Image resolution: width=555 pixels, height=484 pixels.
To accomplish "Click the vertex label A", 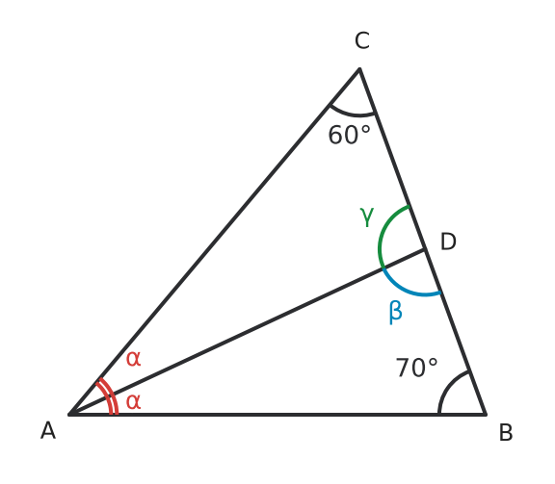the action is click(x=48, y=431).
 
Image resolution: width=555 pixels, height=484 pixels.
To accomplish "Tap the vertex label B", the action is click(x=506, y=432).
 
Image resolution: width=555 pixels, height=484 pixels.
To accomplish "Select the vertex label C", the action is click(x=362, y=40).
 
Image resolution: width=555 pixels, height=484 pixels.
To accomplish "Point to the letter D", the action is click(x=448, y=242).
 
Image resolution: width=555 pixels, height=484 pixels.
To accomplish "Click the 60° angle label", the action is click(x=350, y=135).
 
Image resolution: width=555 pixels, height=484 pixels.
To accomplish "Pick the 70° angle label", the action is click(x=416, y=368).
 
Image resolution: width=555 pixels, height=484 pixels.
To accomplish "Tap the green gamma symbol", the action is click(x=367, y=217).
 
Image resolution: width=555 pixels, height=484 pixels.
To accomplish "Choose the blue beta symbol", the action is click(x=395, y=312).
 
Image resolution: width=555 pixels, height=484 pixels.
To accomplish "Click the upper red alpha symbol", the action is click(x=133, y=359).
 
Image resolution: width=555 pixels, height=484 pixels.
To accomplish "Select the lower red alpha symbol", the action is click(x=133, y=402).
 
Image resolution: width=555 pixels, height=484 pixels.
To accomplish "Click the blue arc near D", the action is click(x=407, y=289).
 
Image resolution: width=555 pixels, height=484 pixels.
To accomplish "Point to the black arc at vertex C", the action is click(x=352, y=114).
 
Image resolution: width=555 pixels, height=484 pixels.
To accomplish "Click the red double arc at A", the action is click(x=110, y=395).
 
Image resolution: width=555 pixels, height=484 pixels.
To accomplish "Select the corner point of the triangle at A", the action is click(x=69, y=414).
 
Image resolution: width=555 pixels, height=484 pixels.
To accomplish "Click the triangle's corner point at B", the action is click(x=486, y=414).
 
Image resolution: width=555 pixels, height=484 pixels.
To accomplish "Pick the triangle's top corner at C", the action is click(x=359, y=68).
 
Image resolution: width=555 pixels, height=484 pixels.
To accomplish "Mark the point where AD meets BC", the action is click(x=424, y=250).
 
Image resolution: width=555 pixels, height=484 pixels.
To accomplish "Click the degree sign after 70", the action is click(x=433, y=363).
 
